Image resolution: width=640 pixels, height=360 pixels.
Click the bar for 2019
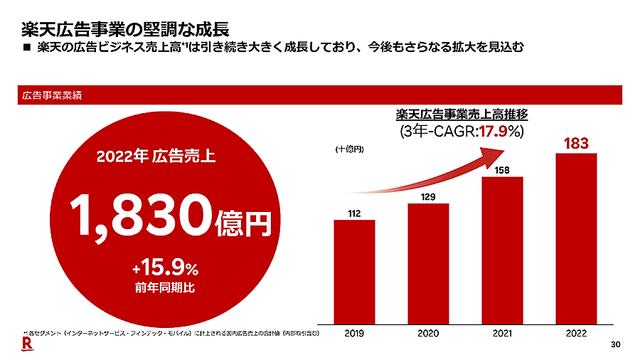[354, 270]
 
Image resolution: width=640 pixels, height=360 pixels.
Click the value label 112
[355, 213]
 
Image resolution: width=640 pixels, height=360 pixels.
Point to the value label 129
[428, 196]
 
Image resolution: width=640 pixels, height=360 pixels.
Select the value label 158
[502, 169]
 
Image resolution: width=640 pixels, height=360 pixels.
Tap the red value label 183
[576, 144]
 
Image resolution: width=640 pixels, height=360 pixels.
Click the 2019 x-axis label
[354, 332]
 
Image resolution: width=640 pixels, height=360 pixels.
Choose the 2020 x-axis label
[428, 332]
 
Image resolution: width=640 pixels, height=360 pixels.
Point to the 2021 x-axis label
[502, 332]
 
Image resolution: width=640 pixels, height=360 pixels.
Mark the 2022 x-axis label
[576, 332]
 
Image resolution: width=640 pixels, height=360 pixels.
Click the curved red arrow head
[495, 155]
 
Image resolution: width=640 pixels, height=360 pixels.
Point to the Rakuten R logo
[26, 344]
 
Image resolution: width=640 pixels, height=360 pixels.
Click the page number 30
[616, 345]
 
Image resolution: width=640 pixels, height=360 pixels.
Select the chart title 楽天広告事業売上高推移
[462, 113]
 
